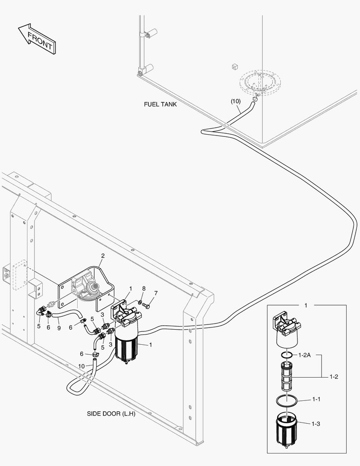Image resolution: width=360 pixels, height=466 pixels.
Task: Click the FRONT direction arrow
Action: tap(36, 39)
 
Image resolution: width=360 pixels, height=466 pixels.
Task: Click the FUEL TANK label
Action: tap(160, 104)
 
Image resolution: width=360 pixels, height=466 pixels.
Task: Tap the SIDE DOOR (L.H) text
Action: tap(111, 414)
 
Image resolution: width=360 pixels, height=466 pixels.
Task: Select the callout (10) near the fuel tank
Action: tap(235, 101)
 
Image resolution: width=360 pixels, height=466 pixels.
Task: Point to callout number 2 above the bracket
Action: tap(102, 256)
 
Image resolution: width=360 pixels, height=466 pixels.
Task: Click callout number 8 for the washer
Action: tap(144, 288)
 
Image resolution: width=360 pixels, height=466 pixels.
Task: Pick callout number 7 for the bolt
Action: tap(156, 293)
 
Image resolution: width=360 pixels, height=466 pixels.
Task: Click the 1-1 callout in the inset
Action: tap(316, 400)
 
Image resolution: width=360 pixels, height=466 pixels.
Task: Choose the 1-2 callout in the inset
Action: tap(333, 377)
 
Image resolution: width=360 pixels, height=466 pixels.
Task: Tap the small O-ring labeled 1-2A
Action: tap(285, 355)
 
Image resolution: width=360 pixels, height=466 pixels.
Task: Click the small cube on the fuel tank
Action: tap(235, 66)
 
